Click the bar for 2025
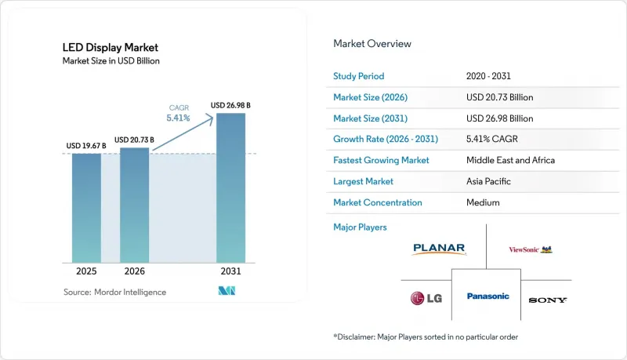click(86, 208)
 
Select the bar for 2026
click(134, 205)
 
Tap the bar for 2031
click(230, 188)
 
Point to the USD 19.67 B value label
click(86, 146)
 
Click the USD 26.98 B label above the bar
click(230, 105)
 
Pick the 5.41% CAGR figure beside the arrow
click(179, 118)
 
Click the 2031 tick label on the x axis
click(230, 271)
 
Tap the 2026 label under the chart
click(134, 271)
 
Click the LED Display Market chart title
click(111, 48)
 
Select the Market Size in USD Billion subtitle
click(111, 61)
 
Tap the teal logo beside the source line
click(227, 291)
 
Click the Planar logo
click(439, 249)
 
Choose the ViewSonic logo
click(531, 249)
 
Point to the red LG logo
click(426, 298)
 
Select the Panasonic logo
click(487, 296)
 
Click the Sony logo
click(547, 300)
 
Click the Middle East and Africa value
click(511, 160)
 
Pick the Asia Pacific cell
click(488, 181)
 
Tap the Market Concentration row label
click(378, 202)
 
